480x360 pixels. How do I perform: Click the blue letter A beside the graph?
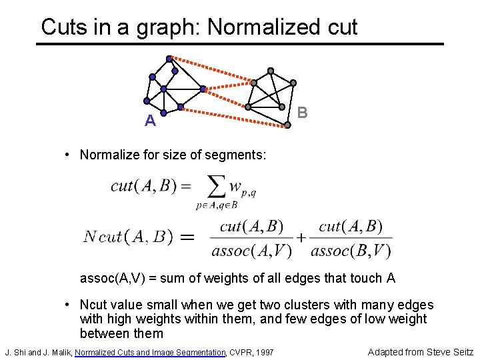click(x=151, y=121)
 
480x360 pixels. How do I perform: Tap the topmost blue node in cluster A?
click(x=169, y=59)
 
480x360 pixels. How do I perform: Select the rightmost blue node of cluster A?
click(x=203, y=88)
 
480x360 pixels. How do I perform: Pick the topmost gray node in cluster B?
click(x=270, y=71)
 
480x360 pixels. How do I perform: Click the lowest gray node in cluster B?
click(x=287, y=124)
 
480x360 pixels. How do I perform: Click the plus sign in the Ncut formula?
click(x=301, y=237)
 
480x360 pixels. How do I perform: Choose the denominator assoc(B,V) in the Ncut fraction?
click(x=351, y=251)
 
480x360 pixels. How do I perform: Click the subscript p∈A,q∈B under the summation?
click(x=217, y=205)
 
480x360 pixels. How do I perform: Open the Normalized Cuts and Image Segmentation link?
click(x=151, y=351)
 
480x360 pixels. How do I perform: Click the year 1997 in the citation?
click(x=263, y=351)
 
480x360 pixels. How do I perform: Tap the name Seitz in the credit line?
click(x=459, y=351)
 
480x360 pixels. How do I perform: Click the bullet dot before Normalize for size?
click(x=69, y=155)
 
